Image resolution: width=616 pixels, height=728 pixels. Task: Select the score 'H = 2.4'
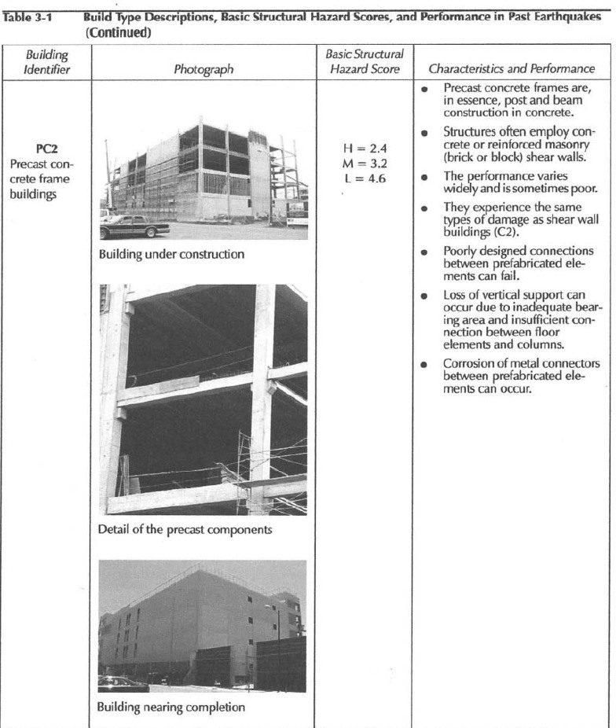pos(365,148)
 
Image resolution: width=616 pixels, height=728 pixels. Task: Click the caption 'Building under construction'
pos(171,254)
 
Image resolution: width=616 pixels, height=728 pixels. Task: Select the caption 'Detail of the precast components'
pos(185,529)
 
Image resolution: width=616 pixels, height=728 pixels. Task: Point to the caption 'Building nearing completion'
pos(171,707)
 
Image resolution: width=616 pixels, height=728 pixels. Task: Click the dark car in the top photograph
pos(134,226)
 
